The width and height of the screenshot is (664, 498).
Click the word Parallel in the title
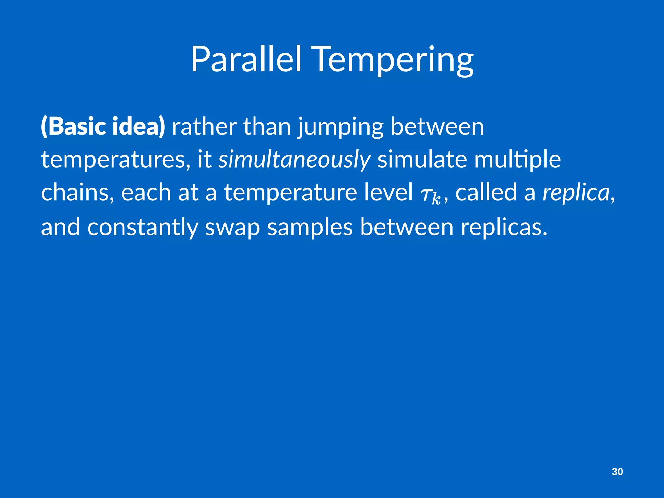pyautogui.click(x=246, y=60)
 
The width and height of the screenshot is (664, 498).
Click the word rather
pyautogui.click(x=204, y=126)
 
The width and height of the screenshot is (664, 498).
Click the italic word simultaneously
pyautogui.click(x=294, y=160)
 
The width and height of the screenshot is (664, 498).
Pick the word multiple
pyautogui.click(x=517, y=160)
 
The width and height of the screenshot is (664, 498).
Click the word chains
pyautogui.click(x=77, y=193)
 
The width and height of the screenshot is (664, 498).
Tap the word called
pyautogui.click(x=486, y=193)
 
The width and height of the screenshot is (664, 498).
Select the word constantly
pyautogui.click(x=142, y=227)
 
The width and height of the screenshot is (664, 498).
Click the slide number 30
pyautogui.click(x=617, y=472)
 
